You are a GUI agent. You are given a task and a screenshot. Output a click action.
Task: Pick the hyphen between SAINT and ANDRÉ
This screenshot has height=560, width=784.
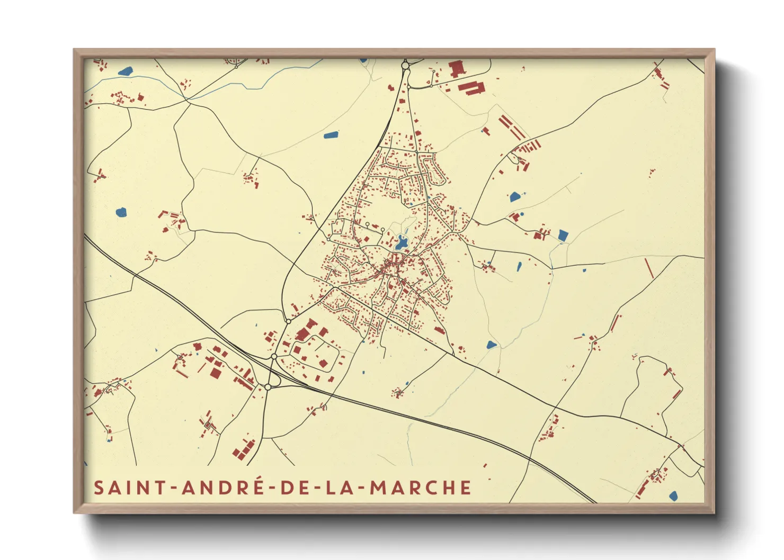coord(174,488)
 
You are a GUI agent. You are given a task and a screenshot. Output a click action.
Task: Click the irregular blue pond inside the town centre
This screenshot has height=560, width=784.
coord(401,243)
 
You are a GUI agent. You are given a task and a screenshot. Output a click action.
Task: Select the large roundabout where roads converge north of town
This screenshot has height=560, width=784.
coord(405,66)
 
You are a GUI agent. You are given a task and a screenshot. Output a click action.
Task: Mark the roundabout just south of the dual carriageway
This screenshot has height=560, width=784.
coord(268,387)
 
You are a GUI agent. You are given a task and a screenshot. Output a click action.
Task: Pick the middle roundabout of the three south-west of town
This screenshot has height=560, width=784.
coord(274,357)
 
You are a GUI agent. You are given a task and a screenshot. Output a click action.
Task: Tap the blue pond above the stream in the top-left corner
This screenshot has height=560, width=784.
coord(126,71)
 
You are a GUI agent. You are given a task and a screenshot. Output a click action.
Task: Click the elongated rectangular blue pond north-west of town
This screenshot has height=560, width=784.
coord(331,134)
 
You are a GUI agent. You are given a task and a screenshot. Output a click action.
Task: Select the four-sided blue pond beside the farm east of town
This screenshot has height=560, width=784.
coord(563,235)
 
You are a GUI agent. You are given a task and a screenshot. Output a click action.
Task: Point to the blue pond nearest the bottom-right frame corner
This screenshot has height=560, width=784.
coord(673,496)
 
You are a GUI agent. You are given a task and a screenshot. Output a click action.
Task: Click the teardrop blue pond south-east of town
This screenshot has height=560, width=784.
coord(492,345)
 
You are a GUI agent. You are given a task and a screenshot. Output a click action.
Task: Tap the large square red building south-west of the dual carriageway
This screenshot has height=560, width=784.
coord(215,373)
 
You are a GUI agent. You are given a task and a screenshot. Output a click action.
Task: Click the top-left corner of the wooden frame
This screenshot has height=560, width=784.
coord(74,50)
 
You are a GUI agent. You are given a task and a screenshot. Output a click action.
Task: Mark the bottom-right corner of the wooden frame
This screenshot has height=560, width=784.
coord(714,512)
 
